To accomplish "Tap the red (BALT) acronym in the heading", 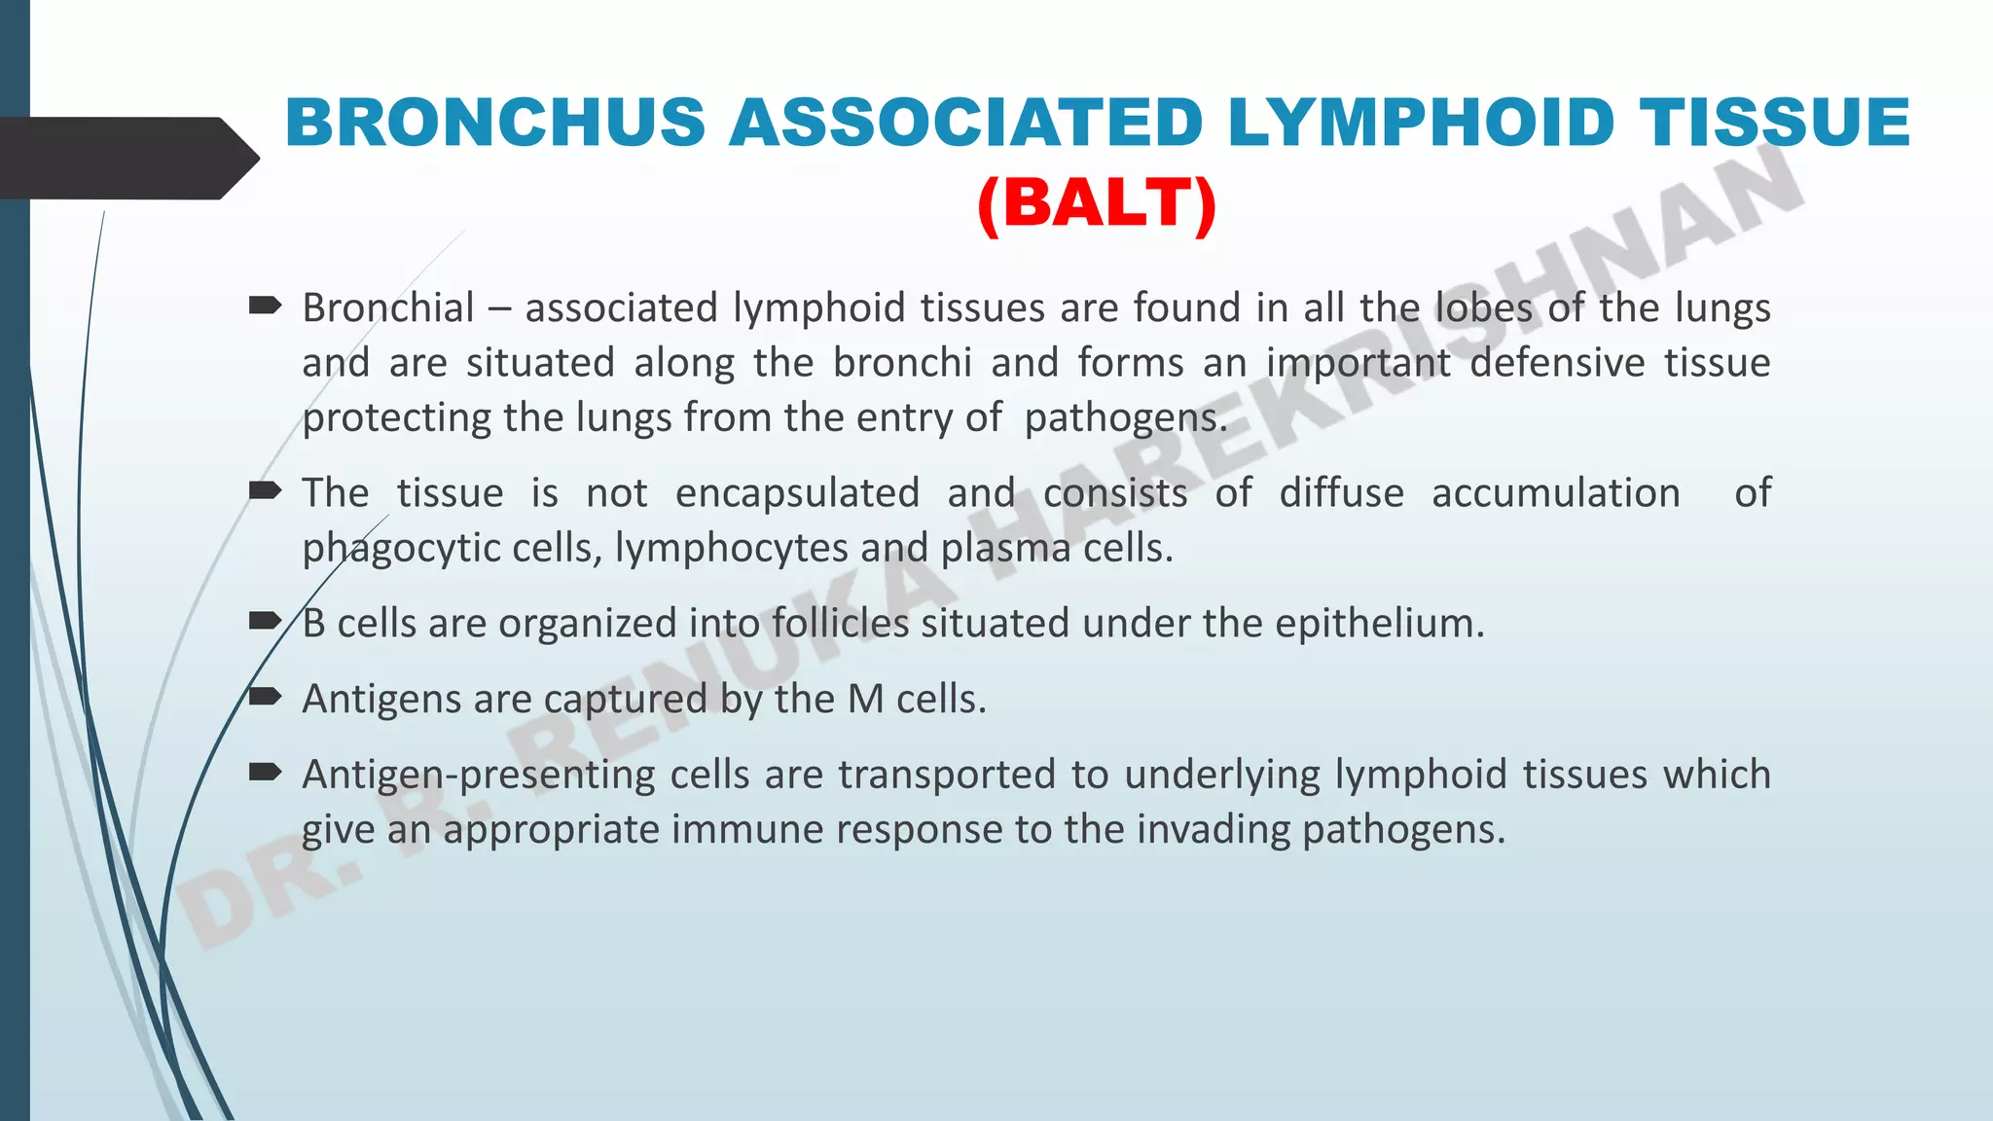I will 1097,204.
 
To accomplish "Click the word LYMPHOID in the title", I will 1421,124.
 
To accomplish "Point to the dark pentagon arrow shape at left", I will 127,159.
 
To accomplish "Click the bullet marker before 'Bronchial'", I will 265,307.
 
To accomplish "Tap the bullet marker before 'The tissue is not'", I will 265,490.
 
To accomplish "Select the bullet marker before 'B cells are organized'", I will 265,621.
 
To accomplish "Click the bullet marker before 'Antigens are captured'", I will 265,697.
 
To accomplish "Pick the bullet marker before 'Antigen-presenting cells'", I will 265,773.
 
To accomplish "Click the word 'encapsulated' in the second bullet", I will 797,493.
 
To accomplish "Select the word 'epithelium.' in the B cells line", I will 1380,624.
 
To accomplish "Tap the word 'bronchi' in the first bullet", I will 902,363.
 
